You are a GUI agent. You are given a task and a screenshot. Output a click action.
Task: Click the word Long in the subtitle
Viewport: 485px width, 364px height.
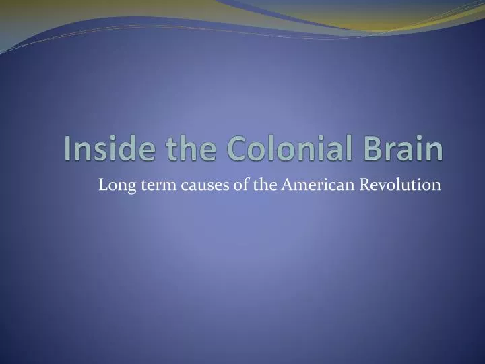click(113, 185)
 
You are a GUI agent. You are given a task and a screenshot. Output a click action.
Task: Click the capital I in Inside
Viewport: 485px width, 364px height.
click(69, 149)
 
